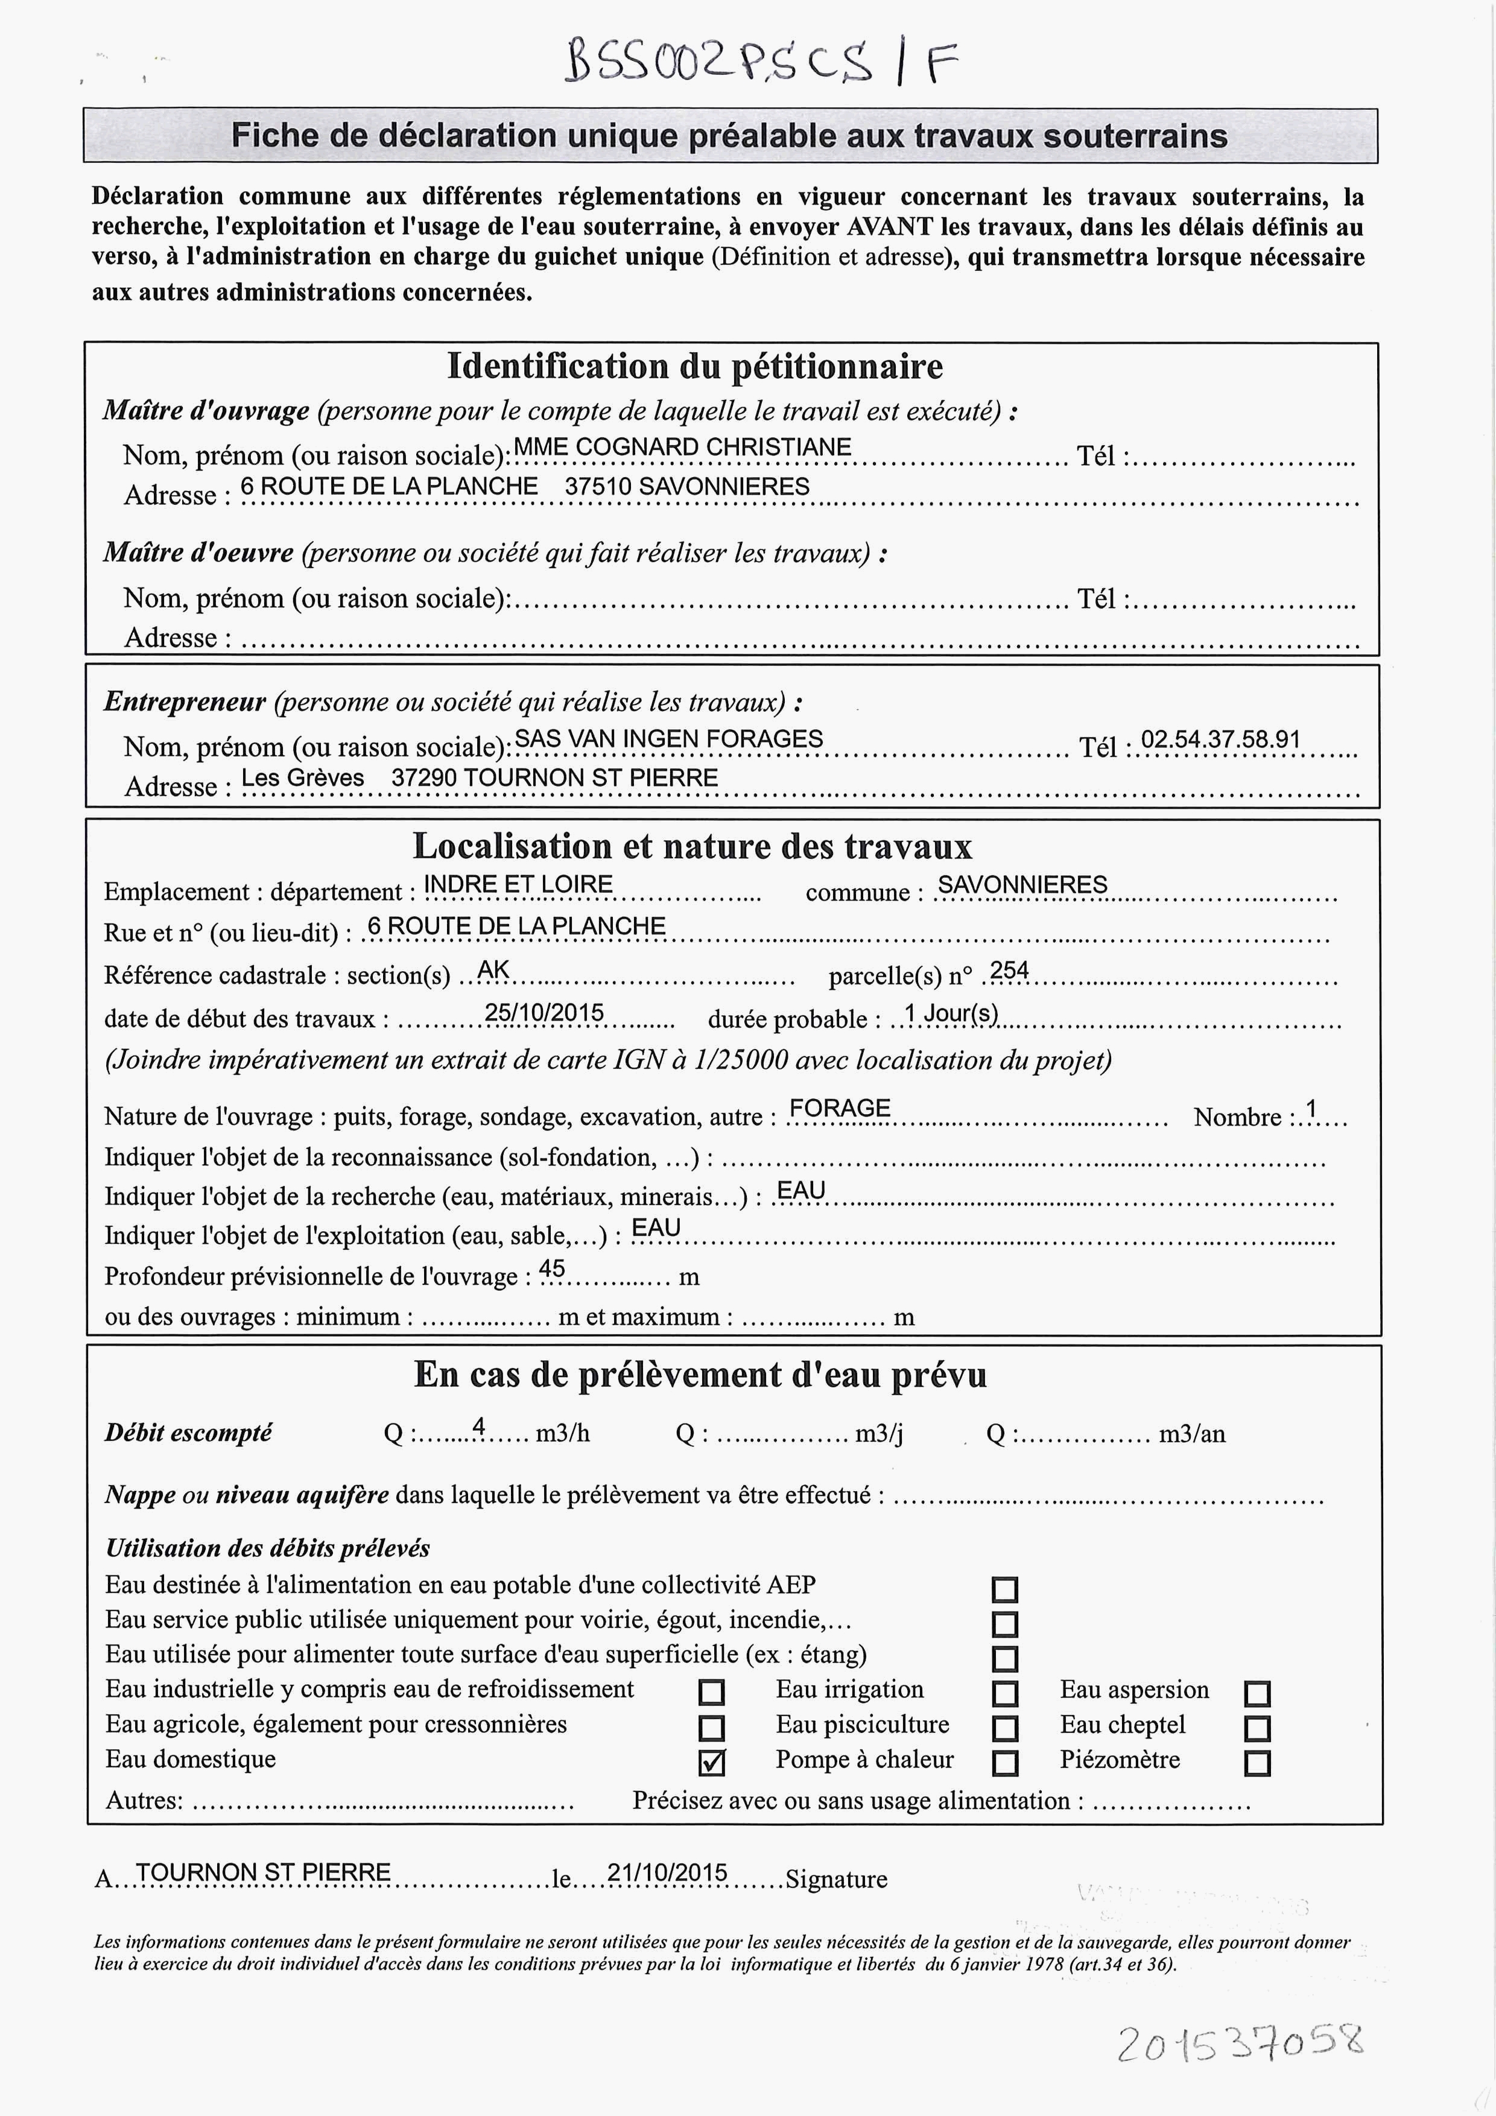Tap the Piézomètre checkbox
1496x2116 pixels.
(x=1257, y=1763)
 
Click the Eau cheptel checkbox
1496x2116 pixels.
(x=1257, y=1728)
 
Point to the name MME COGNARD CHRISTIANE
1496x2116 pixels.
(x=682, y=447)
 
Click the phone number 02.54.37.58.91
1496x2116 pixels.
(x=1220, y=739)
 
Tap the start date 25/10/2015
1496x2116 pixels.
(x=544, y=1013)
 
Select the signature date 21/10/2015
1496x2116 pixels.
(x=667, y=1873)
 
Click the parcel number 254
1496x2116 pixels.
(x=1009, y=969)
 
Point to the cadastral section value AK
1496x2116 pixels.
(x=493, y=969)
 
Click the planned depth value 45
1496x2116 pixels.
(x=551, y=1269)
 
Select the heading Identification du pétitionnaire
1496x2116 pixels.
(x=695, y=367)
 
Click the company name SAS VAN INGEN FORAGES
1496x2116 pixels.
(x=668, y=739)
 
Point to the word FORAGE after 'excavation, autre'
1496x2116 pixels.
(x=840, y=1108)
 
